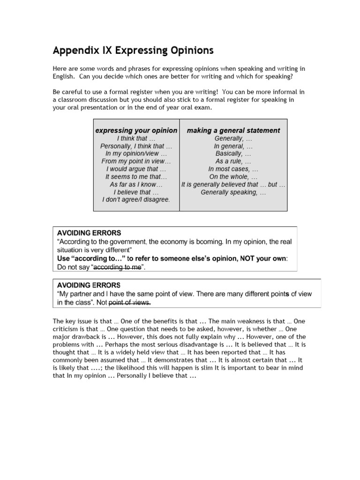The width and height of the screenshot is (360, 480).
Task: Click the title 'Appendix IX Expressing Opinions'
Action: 133,50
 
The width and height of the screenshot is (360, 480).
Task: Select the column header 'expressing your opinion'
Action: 136,130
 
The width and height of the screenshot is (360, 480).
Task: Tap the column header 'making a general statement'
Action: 233,130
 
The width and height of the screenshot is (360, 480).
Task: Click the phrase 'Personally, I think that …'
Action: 136,146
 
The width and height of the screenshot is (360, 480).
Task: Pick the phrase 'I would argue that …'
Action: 136,169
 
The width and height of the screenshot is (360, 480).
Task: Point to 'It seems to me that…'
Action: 136,176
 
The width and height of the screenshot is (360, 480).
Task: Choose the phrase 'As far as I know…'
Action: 136,184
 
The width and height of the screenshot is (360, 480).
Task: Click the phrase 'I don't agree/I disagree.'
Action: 136,199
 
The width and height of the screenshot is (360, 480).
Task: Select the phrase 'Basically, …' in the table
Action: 233,153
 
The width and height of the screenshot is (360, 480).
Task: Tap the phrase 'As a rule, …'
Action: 233,161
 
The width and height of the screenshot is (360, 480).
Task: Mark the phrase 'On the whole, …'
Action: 233,176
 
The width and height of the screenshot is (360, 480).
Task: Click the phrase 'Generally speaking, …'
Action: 233,192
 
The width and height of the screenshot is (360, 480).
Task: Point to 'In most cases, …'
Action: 233,169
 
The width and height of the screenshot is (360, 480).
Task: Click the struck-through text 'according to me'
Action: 117,267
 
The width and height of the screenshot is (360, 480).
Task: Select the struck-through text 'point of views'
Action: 130,302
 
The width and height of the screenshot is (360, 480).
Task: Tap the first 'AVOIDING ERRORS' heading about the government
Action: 89,232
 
